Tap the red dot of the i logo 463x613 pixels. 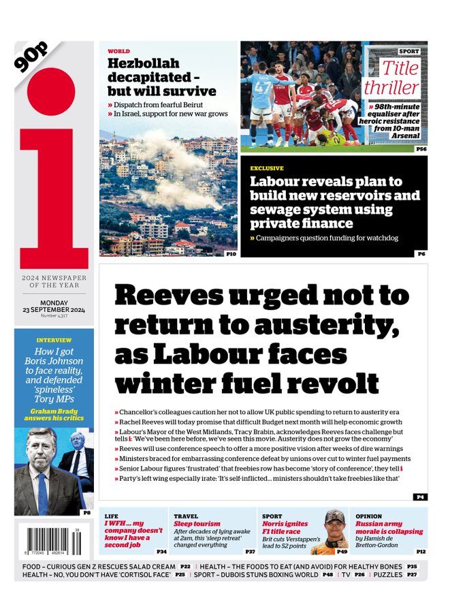click(52, 93)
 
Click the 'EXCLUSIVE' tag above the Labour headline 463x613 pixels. click(266, 168)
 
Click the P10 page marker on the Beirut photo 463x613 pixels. click(230, 253)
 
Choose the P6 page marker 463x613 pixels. click(421, 253)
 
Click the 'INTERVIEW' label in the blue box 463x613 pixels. click(54, 339)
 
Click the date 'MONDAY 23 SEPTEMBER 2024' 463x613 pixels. click(54, 306)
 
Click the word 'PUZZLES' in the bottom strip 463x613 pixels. click(388, 575)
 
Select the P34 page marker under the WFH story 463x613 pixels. click(161, 551)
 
